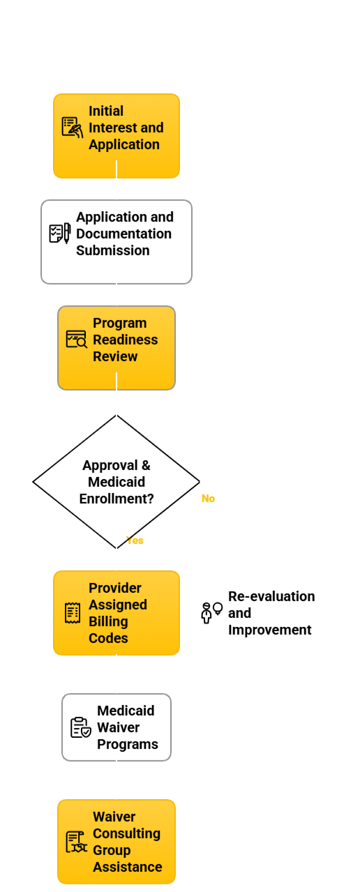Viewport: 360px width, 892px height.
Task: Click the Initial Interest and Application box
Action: [117, 136]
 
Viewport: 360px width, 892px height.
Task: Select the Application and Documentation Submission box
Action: [117, 242]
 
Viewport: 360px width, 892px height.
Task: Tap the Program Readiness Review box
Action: [117, 347]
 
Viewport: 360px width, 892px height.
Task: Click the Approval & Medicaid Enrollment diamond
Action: [117, 481]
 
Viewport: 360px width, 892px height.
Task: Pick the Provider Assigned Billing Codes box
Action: [117, 613]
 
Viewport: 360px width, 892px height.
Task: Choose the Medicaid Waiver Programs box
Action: [117, 727]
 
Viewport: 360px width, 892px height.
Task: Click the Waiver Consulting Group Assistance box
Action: [117, 841]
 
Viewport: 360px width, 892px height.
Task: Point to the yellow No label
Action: [209, 498]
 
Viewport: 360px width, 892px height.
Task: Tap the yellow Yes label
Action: [135, 541]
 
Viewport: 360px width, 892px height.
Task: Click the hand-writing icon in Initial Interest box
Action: [73, 128]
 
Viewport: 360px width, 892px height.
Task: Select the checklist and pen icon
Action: [60, 234]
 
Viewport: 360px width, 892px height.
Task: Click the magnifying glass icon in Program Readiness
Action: [77, 339]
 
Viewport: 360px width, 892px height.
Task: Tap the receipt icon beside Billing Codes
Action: [73, 613]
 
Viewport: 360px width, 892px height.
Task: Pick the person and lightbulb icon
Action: [211, 613]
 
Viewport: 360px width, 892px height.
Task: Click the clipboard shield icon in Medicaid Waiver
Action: [81, 727]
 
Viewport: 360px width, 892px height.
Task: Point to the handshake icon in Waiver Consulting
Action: [77, 841]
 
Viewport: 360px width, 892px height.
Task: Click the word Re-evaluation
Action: [271, 596]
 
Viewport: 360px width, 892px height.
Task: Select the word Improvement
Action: [269, 630]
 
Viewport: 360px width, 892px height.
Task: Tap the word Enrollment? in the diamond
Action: [117, 499]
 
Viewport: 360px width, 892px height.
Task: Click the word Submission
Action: [113, 250]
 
